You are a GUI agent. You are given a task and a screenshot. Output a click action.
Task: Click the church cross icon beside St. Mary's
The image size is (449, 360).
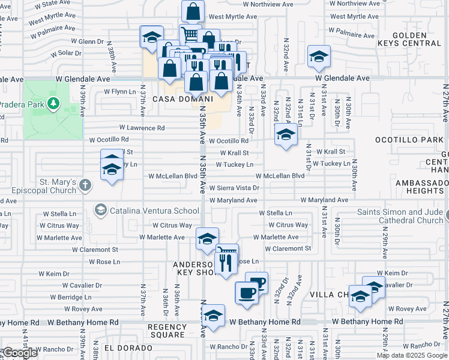(x=85, y=185)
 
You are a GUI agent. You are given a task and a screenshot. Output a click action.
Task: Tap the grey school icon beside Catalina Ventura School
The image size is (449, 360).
(x=100, y=210)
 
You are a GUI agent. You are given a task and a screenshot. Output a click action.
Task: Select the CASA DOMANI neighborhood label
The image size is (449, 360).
(x=183, y=99)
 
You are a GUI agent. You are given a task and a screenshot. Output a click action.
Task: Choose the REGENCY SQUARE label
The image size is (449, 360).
(x=167, y=331)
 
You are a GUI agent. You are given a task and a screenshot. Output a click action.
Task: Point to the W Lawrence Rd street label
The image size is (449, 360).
(x=142, y=128)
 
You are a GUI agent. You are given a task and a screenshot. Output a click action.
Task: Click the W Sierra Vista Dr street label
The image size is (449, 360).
(x=234, y=188)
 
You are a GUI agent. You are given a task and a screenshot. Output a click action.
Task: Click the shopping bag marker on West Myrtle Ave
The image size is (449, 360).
(x=193, y=11)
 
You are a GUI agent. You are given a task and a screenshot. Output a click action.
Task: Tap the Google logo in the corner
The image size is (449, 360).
(x=20, y=353)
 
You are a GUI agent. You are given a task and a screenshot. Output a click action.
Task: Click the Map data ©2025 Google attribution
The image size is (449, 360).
(x=412, y=355)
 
